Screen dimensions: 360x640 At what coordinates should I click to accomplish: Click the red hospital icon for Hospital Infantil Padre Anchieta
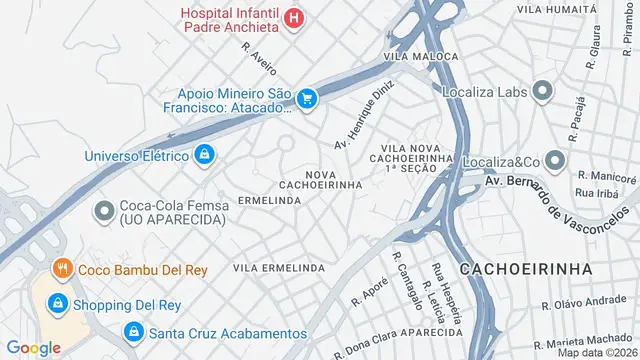(x=293, y=17)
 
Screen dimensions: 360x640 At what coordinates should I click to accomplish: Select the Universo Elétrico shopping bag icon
(x=205, y=154)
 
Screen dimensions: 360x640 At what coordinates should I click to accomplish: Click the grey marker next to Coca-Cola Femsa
(x=103, y=211)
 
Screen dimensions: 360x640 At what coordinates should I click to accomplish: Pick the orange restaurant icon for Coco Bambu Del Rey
(x=62, y=268)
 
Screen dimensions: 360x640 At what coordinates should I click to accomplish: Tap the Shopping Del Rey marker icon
(x=59, y=303)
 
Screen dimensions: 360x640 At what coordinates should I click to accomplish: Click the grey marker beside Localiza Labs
(x=543, y=93)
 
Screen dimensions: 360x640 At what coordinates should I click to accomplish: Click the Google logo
(x=33, y=347)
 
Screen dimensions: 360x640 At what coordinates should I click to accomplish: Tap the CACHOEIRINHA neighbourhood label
(x=525, y=270)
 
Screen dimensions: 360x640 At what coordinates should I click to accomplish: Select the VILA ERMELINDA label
(x=278, y=269)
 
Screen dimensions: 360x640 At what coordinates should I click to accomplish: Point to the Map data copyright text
(x=597, y=352)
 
